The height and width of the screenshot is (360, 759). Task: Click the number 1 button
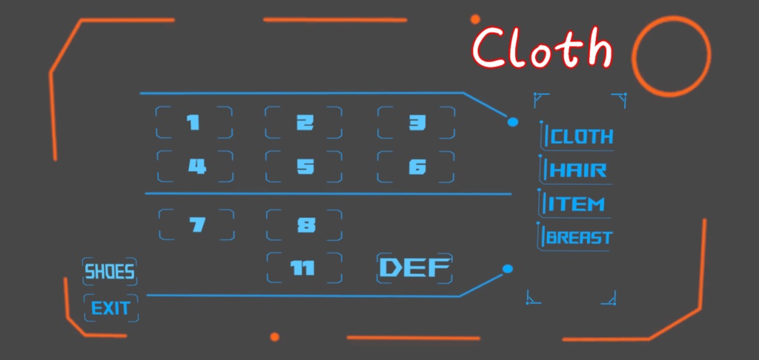193,122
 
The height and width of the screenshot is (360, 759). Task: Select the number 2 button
304,122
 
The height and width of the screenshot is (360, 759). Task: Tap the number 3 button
417,122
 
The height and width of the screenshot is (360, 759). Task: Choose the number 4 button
196,167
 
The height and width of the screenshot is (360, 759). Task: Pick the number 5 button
305,167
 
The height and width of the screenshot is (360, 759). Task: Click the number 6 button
417,167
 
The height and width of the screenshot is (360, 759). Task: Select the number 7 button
196,224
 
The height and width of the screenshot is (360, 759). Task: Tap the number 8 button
305,224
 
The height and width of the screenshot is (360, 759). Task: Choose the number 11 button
304,267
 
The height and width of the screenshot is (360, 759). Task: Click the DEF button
415,268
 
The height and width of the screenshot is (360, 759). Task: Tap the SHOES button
110,272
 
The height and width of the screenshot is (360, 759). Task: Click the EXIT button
111,307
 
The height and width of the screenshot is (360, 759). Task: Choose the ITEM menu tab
575,204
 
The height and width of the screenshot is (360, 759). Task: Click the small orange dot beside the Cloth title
475,19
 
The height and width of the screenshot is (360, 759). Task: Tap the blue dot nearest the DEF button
508,268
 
